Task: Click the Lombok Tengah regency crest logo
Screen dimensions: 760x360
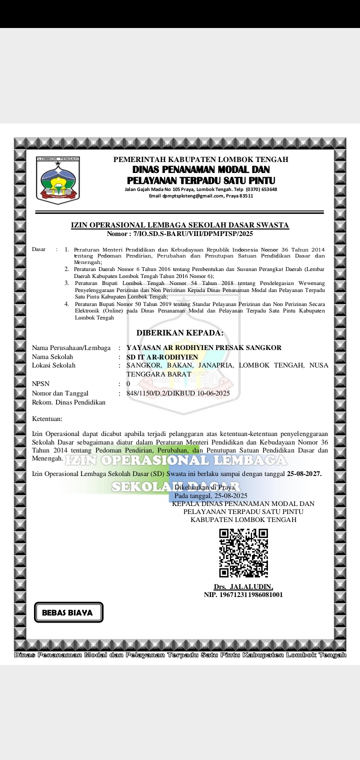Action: point(58,180)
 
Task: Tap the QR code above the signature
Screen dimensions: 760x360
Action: point(243,553)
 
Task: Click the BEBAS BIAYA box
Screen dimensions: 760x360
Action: point(68,612)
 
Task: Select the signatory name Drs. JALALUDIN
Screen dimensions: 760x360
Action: point(243,586)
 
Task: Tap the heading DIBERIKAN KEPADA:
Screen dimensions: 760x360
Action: point(180,333)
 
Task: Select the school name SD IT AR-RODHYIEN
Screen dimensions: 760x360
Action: point(162,357)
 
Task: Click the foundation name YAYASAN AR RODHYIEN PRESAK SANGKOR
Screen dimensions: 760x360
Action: point(204,348)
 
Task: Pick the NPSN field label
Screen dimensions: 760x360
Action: point(40,384)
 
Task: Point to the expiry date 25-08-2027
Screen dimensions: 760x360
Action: point(304,473)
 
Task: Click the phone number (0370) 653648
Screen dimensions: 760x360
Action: point(261,189)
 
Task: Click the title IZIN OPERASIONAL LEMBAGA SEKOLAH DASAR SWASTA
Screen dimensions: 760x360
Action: point(180,225)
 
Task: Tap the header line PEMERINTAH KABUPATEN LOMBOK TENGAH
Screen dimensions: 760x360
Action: point(200,159)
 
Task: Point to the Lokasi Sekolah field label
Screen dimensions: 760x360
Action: point(54,365)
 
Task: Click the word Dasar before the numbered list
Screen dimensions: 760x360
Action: point(39,249)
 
